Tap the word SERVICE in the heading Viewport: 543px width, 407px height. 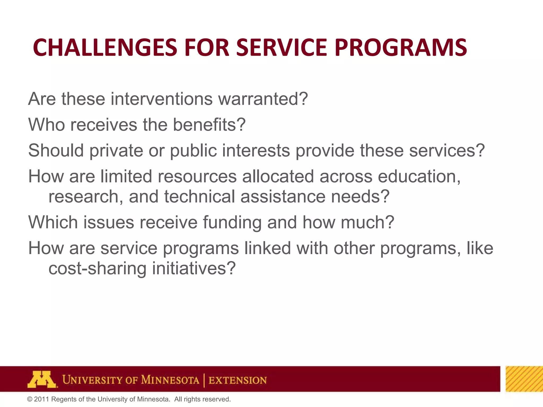(282, 48)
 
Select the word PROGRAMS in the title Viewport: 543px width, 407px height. (400, 48)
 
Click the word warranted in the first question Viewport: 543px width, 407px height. (262, 99)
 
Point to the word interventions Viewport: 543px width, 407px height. (161, 99)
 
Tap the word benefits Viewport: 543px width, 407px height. (209, 125)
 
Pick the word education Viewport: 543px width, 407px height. (419, 176)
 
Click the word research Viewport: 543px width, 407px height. (86, 197)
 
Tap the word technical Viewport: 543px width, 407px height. (199, 197)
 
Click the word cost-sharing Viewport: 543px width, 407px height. (97, 268)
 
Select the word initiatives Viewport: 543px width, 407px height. (194, 268)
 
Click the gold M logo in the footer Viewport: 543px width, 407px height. (42, 379)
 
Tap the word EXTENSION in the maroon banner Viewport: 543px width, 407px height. (238, 380)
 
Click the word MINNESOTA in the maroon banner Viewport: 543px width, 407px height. (170, 380)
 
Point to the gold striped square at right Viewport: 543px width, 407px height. (524, 379)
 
